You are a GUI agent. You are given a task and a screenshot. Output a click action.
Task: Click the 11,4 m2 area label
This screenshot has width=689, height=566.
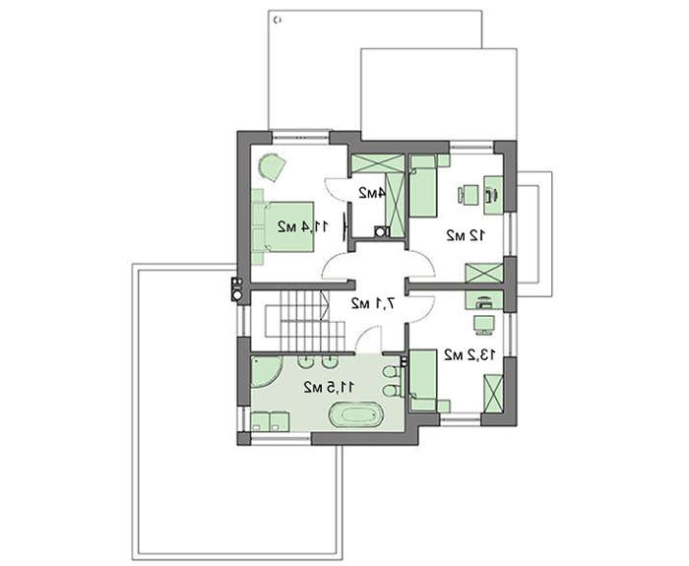303,226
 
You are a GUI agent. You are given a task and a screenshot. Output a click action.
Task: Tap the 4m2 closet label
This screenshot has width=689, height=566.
372,193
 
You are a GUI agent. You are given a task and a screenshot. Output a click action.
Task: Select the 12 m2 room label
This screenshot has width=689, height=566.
466,235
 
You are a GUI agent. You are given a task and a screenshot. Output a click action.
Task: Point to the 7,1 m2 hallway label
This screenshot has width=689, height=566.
373,303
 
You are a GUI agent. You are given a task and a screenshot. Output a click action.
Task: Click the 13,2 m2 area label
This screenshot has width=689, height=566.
470,354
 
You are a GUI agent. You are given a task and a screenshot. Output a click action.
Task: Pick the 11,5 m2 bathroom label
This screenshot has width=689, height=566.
329,387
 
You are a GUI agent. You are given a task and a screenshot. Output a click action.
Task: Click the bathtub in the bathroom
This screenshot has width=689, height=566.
355,414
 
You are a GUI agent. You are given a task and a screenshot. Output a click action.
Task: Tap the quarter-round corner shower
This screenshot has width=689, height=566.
265,372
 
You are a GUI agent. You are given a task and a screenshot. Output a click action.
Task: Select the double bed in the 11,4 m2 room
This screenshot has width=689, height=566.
283,226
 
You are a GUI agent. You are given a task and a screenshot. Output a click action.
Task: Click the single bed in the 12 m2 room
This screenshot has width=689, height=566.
424,186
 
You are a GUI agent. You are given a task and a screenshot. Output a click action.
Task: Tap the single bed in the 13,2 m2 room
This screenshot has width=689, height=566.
424,381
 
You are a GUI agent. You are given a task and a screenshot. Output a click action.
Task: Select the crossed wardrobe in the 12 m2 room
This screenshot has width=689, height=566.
484,273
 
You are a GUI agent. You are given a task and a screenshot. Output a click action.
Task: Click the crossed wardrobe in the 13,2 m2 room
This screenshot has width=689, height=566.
493,394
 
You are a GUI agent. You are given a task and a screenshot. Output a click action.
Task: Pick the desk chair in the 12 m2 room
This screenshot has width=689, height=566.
469,195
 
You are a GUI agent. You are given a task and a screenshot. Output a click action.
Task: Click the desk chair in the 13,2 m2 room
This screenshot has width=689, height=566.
484,324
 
